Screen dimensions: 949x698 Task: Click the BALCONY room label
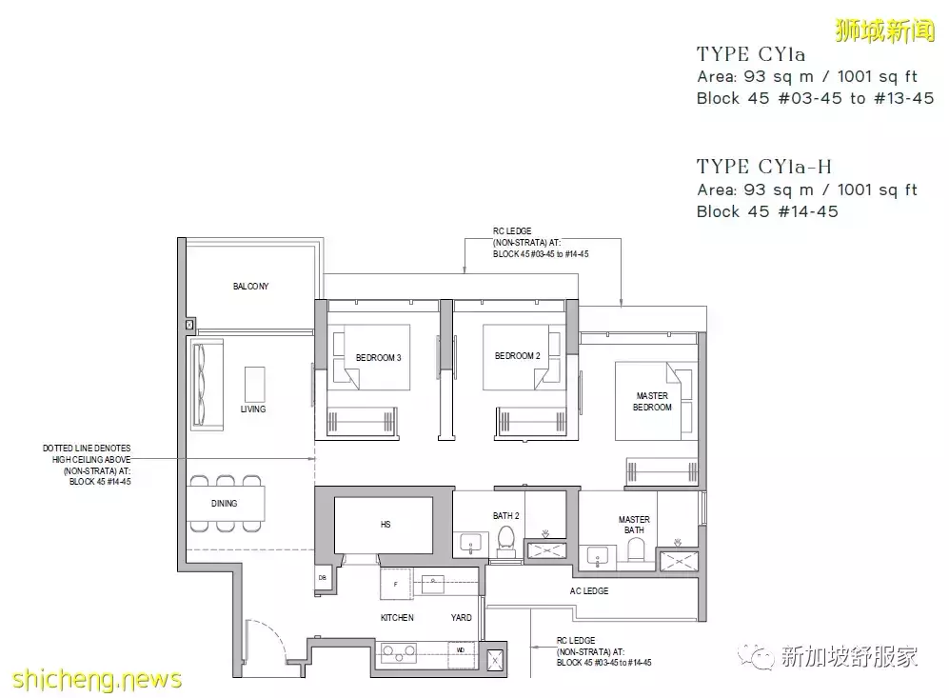[x=250, y=287]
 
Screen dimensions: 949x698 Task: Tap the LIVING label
[x=253, y=409]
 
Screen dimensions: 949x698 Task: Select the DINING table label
[x=224, y=503]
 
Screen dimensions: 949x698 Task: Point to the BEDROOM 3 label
[x=378, y=358]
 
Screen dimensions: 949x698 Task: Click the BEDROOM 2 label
[x=518, y=356]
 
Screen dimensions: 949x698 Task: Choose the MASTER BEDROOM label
[x=652, y=401]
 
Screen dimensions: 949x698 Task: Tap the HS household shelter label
[x=386, y=525]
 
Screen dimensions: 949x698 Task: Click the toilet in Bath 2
[x=506, y=541]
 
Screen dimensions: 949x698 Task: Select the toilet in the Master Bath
[x=636, y=550]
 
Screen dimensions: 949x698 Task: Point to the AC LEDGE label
[x=589, y=590]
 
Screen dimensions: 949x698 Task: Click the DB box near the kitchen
[x=322, y=578]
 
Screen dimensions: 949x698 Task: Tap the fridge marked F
[x=396, y=584]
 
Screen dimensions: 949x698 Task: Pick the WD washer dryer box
[x=462, y=650]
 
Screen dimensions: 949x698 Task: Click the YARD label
[x=462, y=617]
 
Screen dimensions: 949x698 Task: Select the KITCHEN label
[x=397, y=617]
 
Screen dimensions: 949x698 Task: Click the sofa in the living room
[x=207, y=385]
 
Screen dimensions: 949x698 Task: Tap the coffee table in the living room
[x=255, y=385]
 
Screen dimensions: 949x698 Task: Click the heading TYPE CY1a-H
[x=763, y=167]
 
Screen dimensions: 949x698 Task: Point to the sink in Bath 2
[x=471, y=543]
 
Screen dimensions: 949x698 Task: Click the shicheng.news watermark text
[x=97, y=679]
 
